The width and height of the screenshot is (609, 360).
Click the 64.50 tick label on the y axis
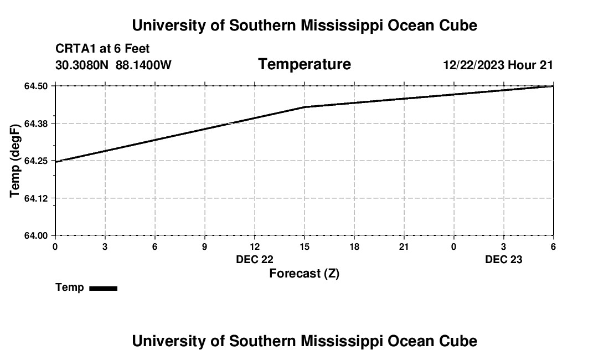point(37,86)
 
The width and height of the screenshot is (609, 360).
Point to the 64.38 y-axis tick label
point(37,124)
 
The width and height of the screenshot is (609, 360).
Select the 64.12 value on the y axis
point(37,198)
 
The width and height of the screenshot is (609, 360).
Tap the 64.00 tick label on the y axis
point(37,235)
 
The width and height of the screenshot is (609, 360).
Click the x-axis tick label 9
point(205,246)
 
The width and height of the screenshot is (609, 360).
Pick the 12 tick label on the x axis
point(255,246)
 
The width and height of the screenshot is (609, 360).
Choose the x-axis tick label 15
point(304,246)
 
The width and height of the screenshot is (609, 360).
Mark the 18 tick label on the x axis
point(354,246)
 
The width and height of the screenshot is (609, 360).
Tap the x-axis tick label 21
point(404,246)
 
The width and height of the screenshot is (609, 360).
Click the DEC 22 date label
point(255,259)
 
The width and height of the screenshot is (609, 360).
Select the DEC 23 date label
point(504,259)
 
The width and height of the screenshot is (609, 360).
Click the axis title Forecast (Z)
point(304,274)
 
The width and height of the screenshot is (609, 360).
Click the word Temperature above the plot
point(304,64)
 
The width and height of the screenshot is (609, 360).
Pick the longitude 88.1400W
point(143,65)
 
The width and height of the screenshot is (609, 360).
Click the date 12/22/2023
point(473,65)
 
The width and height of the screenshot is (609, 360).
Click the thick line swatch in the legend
point(103,288)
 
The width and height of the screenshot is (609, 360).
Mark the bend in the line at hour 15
point(304,107)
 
